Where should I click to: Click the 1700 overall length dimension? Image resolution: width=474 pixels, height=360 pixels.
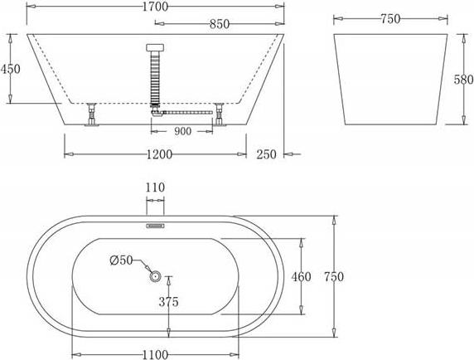[156, 7]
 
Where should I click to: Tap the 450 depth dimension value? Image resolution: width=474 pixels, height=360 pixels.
[11, 70]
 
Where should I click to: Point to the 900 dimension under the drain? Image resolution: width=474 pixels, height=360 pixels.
[182, 130]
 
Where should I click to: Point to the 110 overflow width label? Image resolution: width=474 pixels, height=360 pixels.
[155, 189]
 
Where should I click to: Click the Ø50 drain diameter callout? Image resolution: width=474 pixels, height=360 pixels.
[121, 260]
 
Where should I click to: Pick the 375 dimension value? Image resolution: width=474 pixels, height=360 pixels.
[168, 302]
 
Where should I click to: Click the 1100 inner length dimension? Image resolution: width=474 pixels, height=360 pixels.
[155, 354]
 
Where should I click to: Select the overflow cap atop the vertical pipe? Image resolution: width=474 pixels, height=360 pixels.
[155, 48]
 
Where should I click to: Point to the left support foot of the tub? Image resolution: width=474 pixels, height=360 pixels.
[92, 116]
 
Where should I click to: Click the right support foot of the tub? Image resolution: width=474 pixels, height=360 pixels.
[220, 116]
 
